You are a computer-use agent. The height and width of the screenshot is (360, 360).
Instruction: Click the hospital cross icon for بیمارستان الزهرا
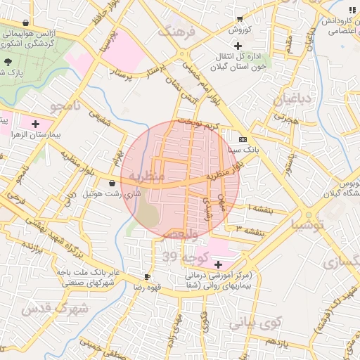coord(35,124)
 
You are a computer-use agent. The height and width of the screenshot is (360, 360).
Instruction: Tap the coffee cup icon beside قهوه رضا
coord(147,277)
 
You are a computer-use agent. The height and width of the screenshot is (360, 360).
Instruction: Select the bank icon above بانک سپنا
coord(243,139)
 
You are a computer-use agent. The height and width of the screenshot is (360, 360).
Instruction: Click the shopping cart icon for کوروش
coord(240,19)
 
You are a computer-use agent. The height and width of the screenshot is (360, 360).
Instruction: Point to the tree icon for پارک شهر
coord(8,62)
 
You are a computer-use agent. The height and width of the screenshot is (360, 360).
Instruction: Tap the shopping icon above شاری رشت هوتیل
coord(113,183)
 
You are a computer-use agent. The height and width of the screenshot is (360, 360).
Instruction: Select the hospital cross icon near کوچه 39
coord(219,265)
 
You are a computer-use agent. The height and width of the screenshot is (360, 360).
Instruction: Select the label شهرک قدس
coord(55,309)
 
